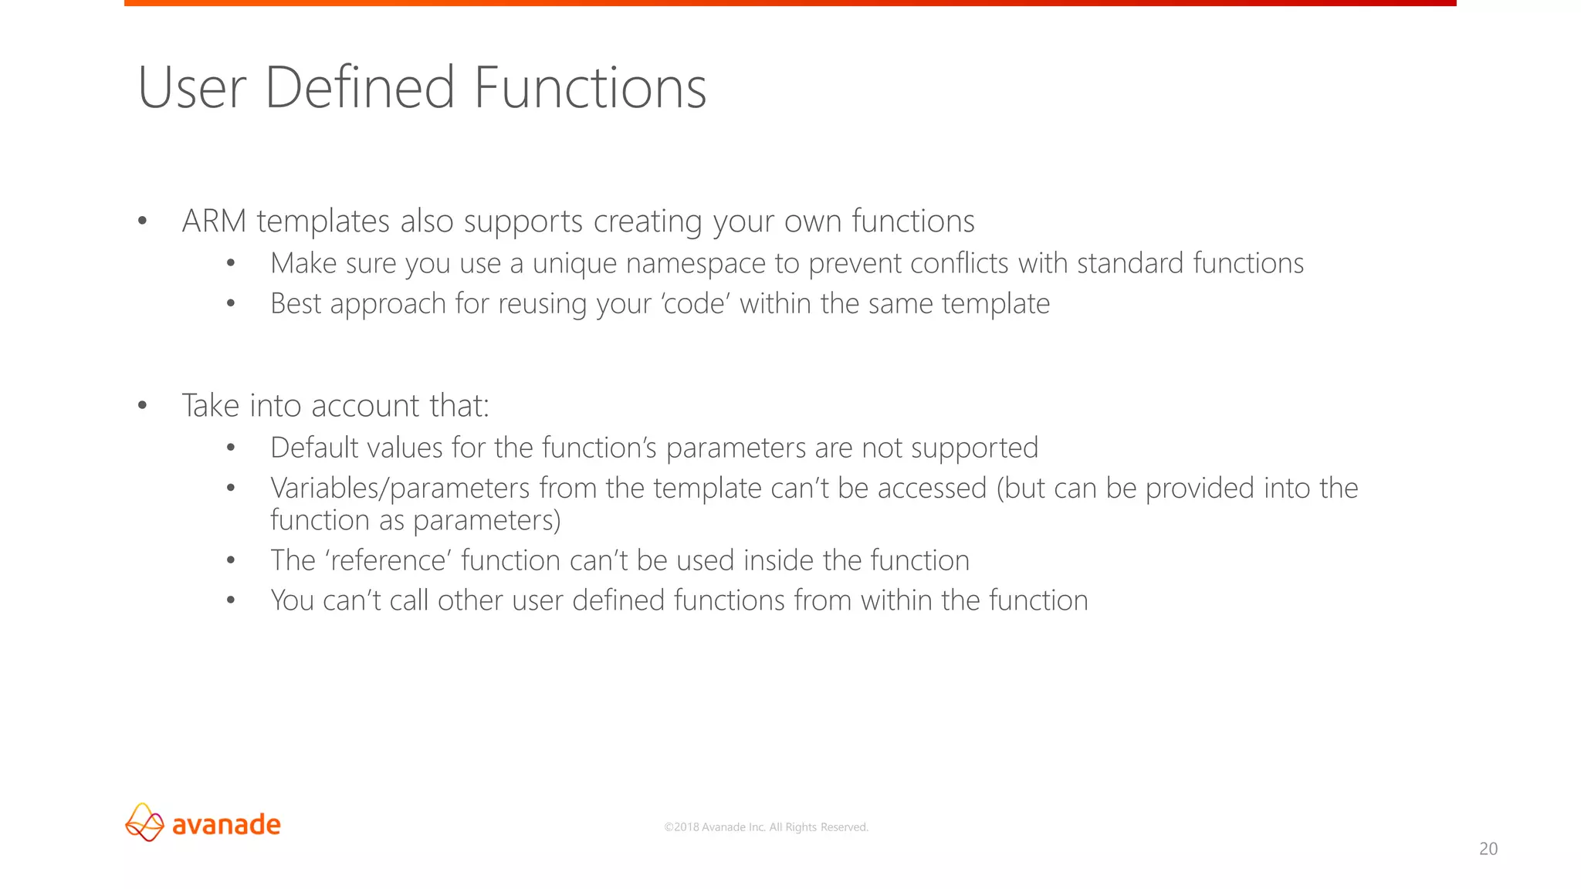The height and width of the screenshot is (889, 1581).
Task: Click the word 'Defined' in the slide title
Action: click(x=359, y=87)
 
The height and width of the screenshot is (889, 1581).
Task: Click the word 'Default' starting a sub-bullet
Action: click(x=314, y=448)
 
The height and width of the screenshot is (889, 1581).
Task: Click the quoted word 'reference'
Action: click(x=389, y=560)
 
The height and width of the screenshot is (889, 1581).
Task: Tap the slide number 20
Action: click(x=1488, y=849)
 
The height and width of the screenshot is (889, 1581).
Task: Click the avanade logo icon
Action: click(x=144, y=823)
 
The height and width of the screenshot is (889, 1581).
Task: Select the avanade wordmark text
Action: click(x=226, y=824)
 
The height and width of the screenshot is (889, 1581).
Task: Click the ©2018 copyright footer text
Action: click(x=766, y=827)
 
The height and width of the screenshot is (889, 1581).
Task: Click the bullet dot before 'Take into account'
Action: click(x=142, y=406)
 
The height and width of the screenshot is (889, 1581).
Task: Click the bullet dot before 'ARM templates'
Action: click(x=142, y=221)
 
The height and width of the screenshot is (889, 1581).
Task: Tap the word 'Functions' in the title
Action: click(x=590, y=87)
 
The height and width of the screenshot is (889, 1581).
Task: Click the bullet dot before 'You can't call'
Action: click(x=230, y=600)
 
